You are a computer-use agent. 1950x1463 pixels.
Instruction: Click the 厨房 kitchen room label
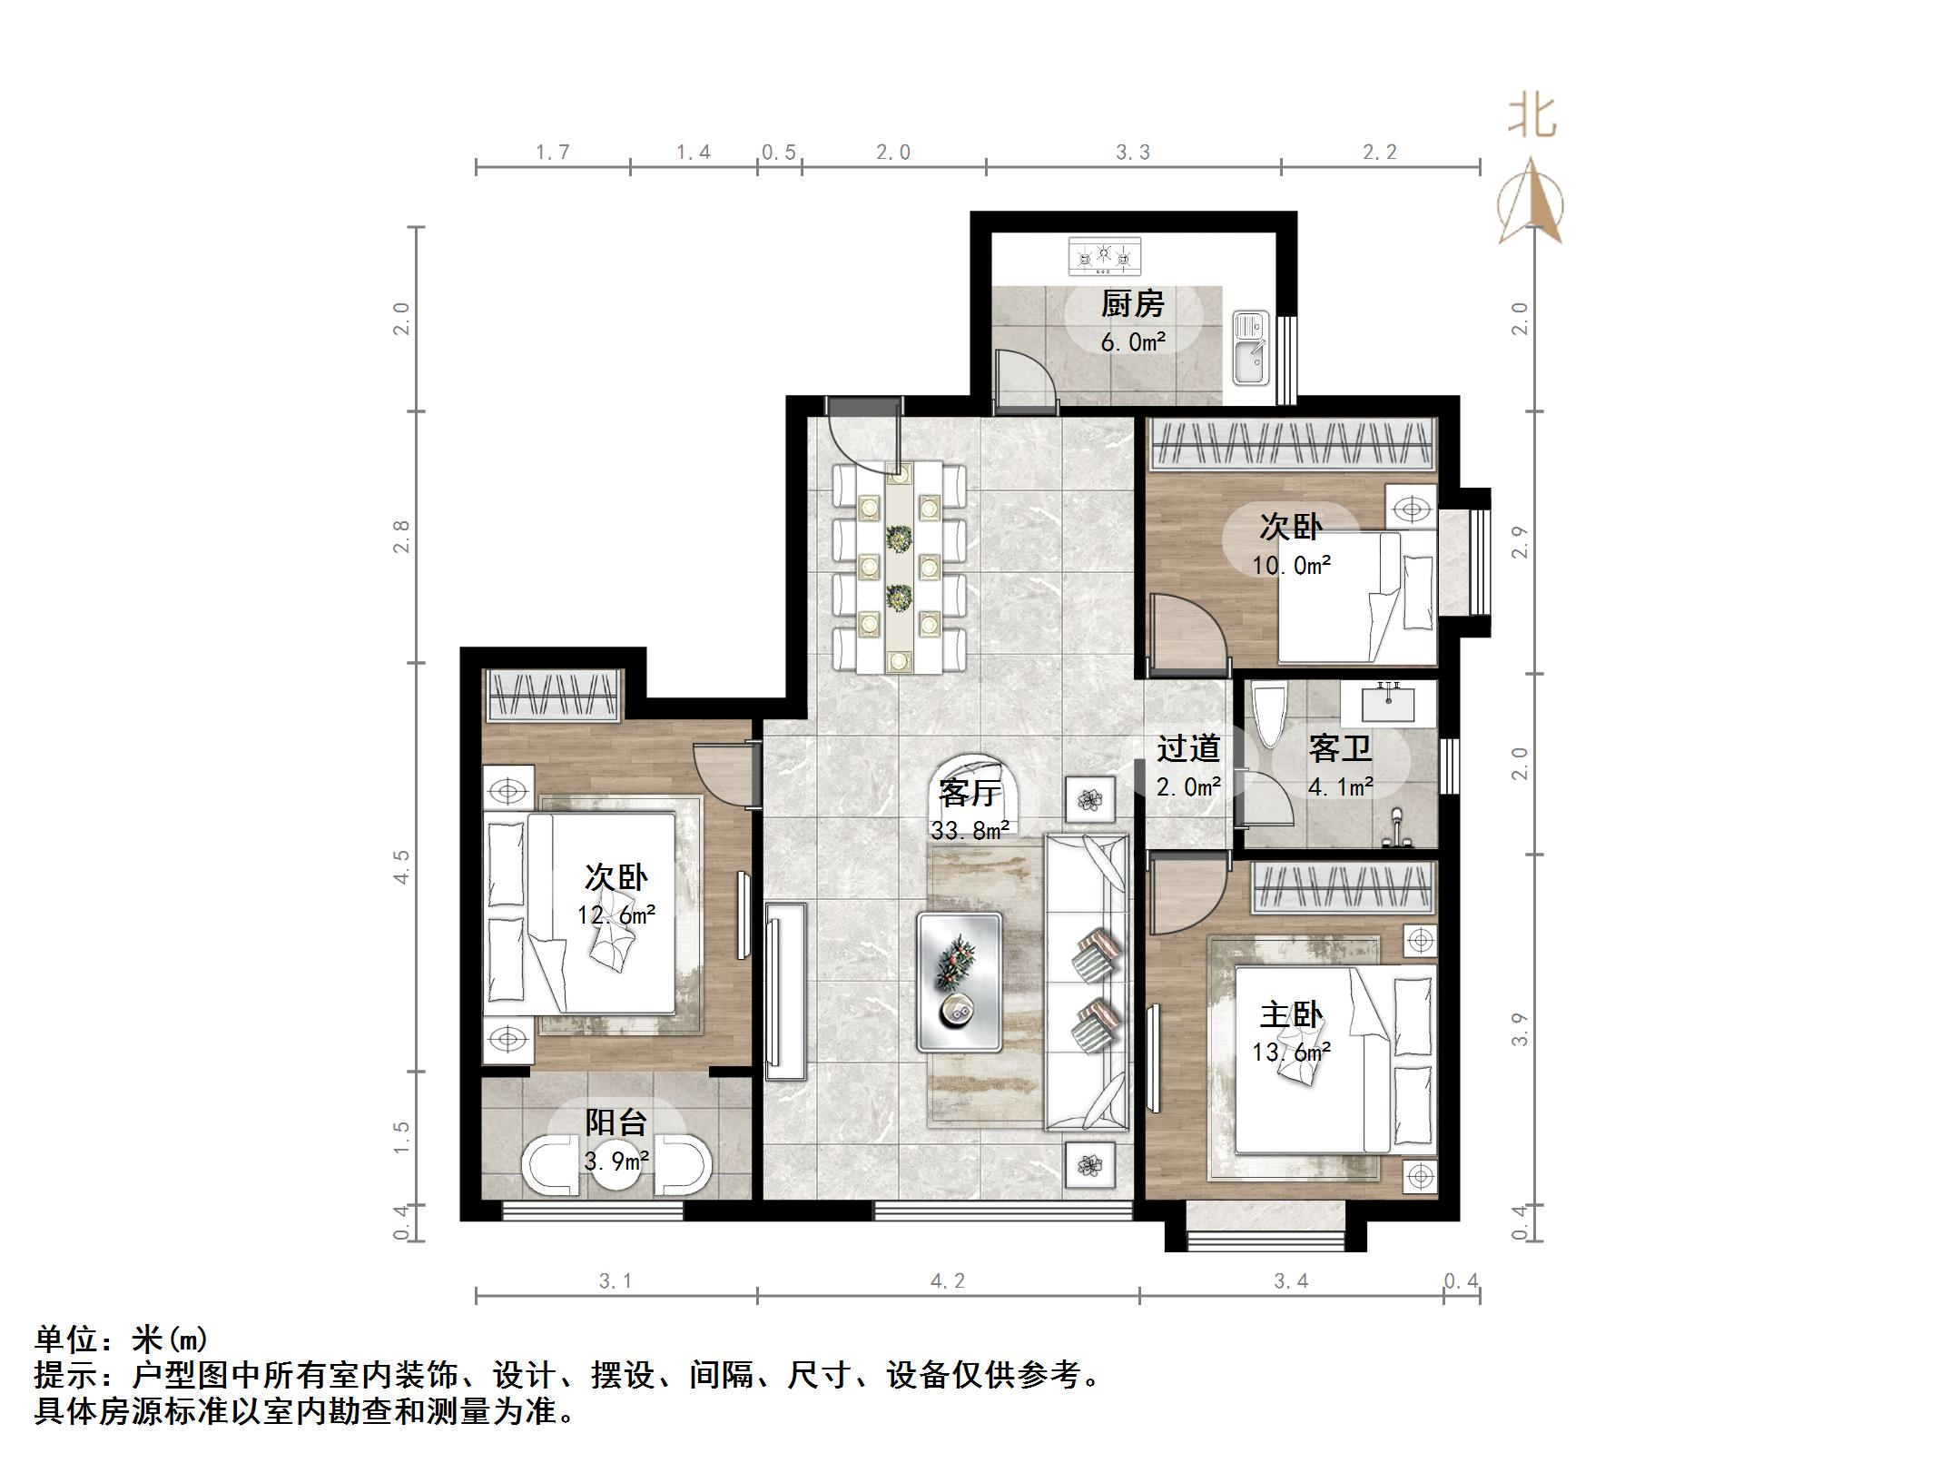(1132, 304)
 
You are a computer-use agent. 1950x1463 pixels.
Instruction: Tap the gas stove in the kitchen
(1104, 256)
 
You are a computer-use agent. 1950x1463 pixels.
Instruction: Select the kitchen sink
(1250, 348)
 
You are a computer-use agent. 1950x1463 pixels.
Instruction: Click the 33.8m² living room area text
(969, 830)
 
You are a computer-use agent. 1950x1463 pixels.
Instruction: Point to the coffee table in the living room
(959, 982)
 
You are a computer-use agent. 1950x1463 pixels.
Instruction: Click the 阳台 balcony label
(616, 1122)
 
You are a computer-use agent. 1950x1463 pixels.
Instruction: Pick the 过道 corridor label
(1187, 749)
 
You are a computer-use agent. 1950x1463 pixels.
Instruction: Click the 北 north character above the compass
(1532, 118)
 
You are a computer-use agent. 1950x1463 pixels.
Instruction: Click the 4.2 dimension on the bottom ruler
(947, 1281)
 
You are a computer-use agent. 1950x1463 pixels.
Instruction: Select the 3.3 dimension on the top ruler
(1133, 153)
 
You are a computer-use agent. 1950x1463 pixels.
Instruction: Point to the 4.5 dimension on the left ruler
(402, 866)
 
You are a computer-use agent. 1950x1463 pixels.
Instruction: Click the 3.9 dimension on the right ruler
(1519, 1031)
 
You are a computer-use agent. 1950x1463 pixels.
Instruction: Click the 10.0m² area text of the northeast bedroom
(1291, 566)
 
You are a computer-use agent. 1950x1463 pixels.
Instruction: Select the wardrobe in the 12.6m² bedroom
(553, 696)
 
